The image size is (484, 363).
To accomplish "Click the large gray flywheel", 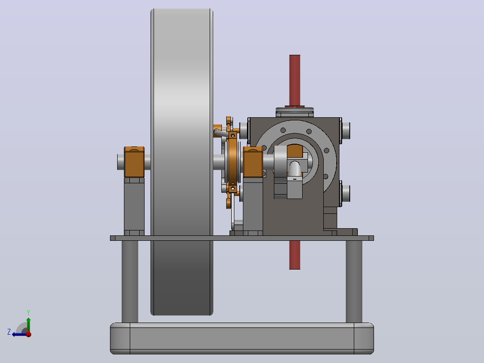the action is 182,162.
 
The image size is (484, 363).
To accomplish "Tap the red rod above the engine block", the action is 295,80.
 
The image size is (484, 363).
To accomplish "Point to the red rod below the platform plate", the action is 295,255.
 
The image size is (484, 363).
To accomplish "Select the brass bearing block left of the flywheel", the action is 134,162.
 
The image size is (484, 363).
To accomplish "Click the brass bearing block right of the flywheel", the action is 253,162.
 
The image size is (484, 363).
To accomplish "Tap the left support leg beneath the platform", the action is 130,281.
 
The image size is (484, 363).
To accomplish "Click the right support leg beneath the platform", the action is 354,281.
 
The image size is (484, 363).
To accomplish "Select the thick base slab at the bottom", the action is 242,338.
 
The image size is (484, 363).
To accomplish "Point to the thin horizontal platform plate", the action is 242,238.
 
